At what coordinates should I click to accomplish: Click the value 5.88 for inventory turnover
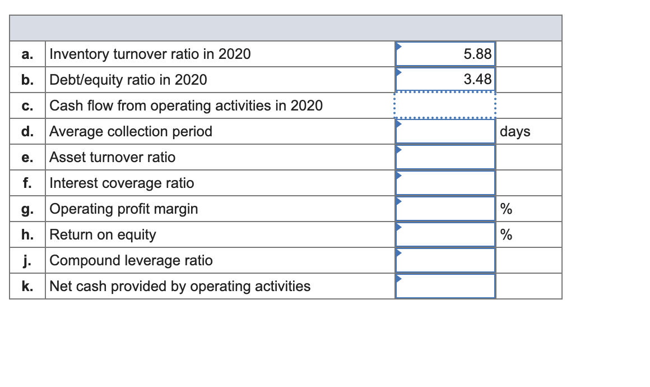coord(477,54)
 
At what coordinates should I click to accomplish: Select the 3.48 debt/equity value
coord(477,80)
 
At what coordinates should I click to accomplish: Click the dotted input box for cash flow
coord(445,105)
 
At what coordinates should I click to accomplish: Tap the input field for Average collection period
coord(445,132)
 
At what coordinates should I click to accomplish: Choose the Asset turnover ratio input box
coord(445,158)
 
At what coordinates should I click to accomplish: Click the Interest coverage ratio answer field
coord(445,183)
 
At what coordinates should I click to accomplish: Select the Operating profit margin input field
coord(445,209)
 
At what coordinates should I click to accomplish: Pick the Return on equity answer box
coord(445,235)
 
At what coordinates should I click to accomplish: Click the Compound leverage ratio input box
coord(445,261)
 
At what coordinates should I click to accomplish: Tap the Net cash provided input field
coord(445,287)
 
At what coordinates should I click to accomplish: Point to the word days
coord(515,132)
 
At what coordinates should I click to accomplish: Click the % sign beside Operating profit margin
coord(506,209)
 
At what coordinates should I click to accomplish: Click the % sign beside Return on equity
coord(506,235)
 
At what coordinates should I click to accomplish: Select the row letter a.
coord(26,54)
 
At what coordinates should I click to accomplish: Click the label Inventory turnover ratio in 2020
coord(150,54)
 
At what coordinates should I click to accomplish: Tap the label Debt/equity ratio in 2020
coord(128,80)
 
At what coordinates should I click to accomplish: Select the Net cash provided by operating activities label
coord(180,287)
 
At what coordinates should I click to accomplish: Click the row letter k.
coord(26,287)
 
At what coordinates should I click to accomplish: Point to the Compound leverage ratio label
coord(131,261)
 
